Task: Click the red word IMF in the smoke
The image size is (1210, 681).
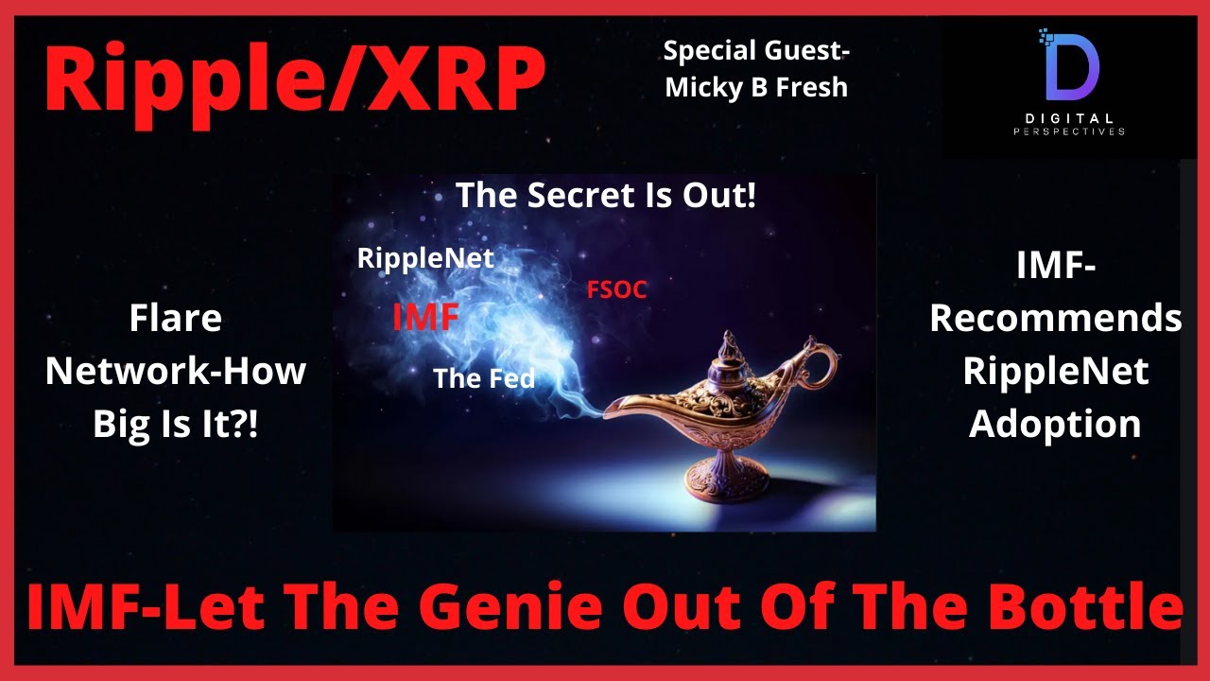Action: [x=425, y=317]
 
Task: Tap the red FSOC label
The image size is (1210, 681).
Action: [x=617, y=289]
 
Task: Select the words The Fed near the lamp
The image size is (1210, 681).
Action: [x=484, y=377]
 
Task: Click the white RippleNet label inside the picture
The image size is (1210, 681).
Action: [x=425, y=258]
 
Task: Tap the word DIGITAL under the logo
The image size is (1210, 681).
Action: [x=1069, y=118]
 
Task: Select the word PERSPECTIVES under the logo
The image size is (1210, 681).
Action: [x=1069, y=131]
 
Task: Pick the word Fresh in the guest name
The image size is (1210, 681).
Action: [x=812, y=87]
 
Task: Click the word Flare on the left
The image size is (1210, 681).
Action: [x=176, y=318]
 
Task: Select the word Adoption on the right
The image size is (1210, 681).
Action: [x=1055, y=424]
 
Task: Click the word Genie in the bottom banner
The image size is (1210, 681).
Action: [x=515, y=606]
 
